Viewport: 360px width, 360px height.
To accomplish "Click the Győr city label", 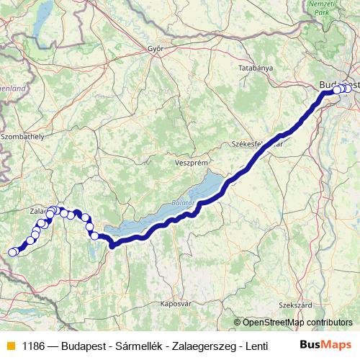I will [156, 49].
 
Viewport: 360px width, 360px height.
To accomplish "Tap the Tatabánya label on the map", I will [256, 68].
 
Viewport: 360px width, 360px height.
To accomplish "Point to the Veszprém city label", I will [191, 163].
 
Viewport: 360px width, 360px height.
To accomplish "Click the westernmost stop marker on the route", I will [12, 252].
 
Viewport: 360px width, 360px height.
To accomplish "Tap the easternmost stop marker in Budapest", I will [349, 89].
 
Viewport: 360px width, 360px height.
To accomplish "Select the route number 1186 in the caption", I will [33, 346].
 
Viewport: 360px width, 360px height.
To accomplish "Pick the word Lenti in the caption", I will [245, 346].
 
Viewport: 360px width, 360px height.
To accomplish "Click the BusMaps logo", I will [326, 345].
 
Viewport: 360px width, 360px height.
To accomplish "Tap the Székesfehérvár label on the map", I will [256, 143].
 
